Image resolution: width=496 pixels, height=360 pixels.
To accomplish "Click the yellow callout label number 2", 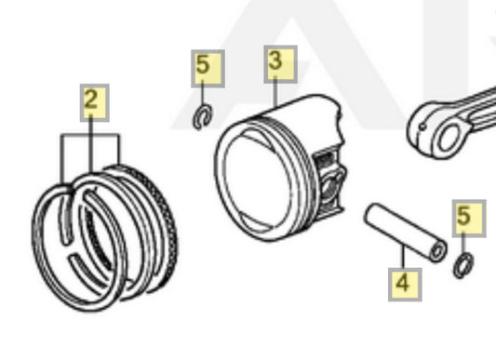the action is coord(95,102).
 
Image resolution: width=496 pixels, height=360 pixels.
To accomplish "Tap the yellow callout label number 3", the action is coord(281,64).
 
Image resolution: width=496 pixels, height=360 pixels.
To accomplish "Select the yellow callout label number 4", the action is coord(405,285).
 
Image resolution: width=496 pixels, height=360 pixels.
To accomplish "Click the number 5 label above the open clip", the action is coord(208,69).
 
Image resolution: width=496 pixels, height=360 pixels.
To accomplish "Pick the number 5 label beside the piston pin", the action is coord(469,219).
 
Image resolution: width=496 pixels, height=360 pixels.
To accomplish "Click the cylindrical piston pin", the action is coord(405,233).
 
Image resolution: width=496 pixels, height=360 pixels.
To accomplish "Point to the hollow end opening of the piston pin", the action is coord(437,252).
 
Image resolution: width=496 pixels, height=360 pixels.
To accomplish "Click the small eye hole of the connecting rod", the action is coord(449,138).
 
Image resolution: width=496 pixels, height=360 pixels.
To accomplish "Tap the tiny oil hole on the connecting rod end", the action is coord(422,127).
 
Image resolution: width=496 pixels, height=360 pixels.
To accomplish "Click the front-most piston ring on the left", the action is coord(52,247).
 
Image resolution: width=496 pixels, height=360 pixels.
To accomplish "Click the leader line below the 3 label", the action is coord(275,92).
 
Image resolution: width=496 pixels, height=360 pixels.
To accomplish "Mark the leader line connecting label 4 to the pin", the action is coord(403,257).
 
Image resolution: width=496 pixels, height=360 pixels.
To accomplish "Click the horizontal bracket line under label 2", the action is coord(90,135).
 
